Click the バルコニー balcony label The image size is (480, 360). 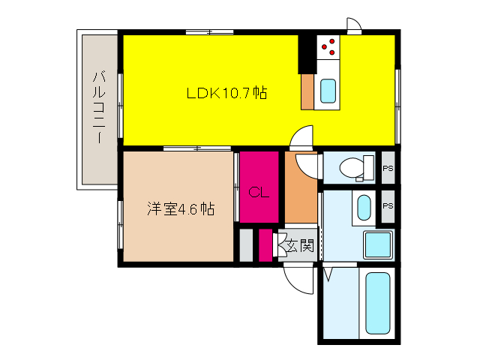point(99,108)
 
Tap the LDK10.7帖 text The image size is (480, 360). point(227,94)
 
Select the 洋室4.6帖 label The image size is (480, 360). point(180,209)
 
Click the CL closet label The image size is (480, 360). point(259,192)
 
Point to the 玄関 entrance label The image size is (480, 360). point(299,246)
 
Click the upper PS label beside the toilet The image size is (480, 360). point(387,168)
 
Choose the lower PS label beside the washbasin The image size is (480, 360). point(387,205)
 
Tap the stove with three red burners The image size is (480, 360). point(328,48)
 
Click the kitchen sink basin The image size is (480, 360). point(328,91)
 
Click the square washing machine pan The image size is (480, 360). point(376,244)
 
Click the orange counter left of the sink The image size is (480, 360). point(307,91)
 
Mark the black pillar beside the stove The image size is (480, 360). point(306,52)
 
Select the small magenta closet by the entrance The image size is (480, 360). point(265,246)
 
